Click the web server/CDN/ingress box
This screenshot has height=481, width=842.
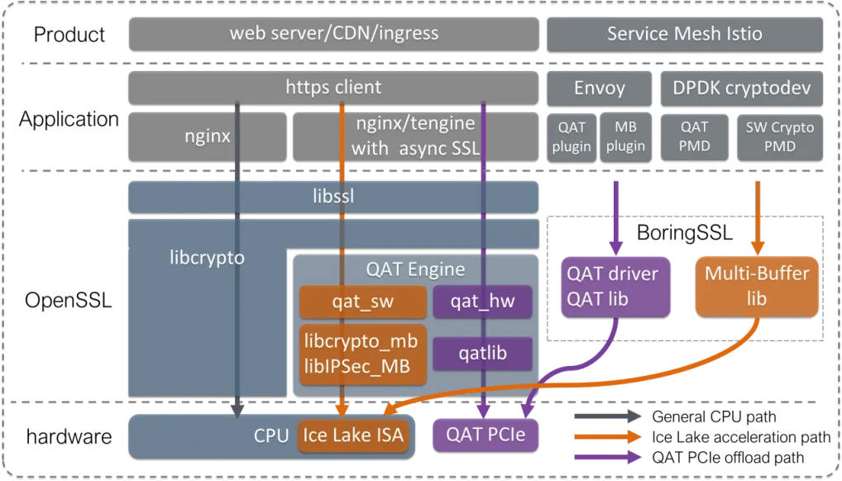[x=333, y=34]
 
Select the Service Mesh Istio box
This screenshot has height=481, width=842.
[x=684, y=34]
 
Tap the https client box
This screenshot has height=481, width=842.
[x=333, y=87]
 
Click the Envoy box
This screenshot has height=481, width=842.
[x=599, y=88]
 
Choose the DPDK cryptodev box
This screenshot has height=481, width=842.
[x=742, y=88]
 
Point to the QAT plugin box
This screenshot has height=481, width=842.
[x=571, y=136]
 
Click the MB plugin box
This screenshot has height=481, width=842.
[x=624, y=136]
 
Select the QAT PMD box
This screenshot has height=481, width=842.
[x=693, y=136]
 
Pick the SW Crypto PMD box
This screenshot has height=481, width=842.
[x=780, y=136]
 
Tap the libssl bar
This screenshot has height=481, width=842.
[x=333, y=198]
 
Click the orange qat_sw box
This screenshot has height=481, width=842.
[x=362, y=302]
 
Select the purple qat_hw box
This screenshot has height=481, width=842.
[x=482, y=302]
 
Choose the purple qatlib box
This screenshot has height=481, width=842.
[x=482, y=354]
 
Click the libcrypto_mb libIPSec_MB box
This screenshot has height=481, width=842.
[x=362, y=354]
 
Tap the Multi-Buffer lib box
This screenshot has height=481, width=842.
[x=756, y=286]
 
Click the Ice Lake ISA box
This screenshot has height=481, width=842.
[x=355, y=434]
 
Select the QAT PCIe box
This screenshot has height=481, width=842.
[x=486, y=434]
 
